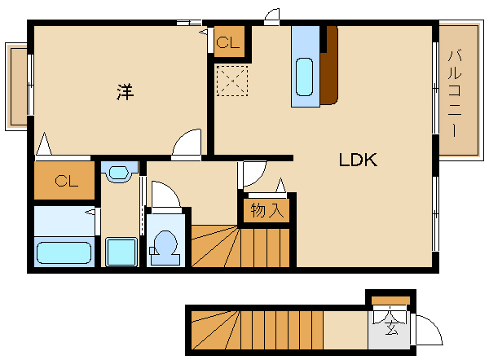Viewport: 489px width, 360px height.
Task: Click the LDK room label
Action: pyautogui.click(x=358, y=160)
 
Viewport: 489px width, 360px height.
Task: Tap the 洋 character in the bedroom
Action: pyautogui.click(x=125, y=92)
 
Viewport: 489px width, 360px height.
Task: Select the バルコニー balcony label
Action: pyautogui.click(x=455, y=93)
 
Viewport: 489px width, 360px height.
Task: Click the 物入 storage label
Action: pyautogui.click(x=267, y=210)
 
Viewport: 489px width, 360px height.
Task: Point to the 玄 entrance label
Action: pyautogui.click(x=391, y=327)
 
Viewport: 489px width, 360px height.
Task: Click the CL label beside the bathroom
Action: pyautogui.click(x=67, y=181)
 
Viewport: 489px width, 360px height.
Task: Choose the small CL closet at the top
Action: pyautogui.click(x=228, y=42)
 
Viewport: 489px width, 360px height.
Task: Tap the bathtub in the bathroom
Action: pyautogui.click(x=64, y=252)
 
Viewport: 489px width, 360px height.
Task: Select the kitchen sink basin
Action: pyautogui.click(x=304, y=77)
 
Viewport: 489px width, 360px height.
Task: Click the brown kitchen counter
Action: pyautogui.click(x=329, y=65)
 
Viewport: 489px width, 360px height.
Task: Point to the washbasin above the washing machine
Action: pyautogui.click(x=119, y=172)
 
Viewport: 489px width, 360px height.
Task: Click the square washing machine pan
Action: pyautogui.click(x=121, y=252)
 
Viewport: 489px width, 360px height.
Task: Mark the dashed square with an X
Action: pyautogui.click(x=232, y=81)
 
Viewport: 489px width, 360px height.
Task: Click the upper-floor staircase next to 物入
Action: pyautogui.click(x=240, y=246)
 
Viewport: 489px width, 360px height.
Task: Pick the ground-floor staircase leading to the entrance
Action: pyautogui.click(x=257, y=330)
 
